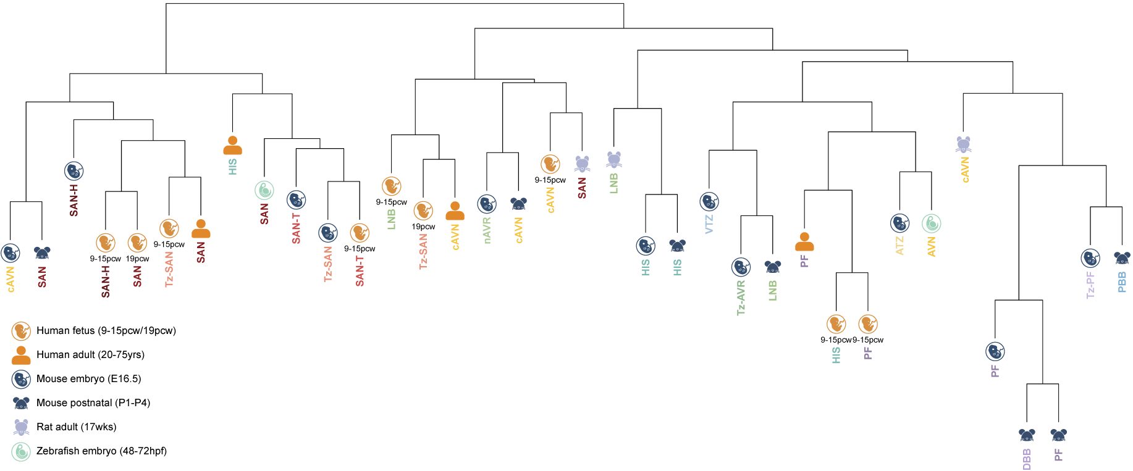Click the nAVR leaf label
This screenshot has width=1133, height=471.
pyautogui.click(x=487, y=230)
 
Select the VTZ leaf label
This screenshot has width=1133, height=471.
pyautogui.click(x=709, y=223)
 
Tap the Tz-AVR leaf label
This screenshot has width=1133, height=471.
pyautogui.click(x=741, y=298)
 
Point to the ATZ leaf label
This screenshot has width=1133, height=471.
pyautogui.click(x=900, y=246)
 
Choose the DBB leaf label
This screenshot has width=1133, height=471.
pyautogui.click(x=1027, y=459)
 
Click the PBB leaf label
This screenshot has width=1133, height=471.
pyautogui.click(x=1122, y=282)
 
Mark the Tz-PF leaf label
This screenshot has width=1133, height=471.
pyautogui.click(x=1090, y=285)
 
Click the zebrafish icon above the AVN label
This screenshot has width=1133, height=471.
pyautogui.click(x=932, y=223)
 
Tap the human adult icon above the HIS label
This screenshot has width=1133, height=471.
pyautogui.click(x=233, y=146)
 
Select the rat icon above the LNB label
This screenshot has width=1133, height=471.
pyautogui.click(x=613, y=160)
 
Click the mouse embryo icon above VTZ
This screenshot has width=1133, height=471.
pyautogui.click(x=709, y=201)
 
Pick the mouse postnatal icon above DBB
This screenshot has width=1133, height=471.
pyautogui.click(x=1027, y=435)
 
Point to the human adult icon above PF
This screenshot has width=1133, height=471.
pyautogui.click(x=804, y=241)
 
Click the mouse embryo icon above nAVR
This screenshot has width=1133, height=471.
pyautogui.click(x=487, y=204)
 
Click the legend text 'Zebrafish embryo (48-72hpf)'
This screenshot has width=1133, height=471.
pyautogui.click(x=101, y=451)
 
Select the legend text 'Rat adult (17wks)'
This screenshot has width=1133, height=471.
pyautogui.click(x=76, y=427)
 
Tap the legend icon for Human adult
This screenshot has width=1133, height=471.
pyautogui.click(x=21, y=355)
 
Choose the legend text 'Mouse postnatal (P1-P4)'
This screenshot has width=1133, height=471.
pyautogui.click(x=93, y=402)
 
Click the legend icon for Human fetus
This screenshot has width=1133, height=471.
pyautogui.click(x=21, y=331)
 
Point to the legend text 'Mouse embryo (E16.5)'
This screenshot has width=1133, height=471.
pyautogui.click(x=88, y=378)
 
